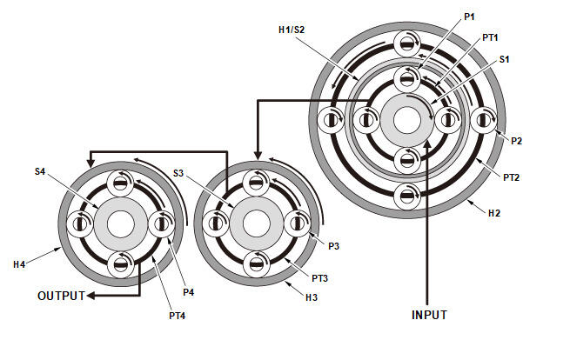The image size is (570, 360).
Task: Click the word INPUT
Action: point(429,315)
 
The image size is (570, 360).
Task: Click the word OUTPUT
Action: point(61,296)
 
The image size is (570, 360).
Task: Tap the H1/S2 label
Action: point(292,30)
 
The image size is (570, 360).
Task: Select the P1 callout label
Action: point(469,17)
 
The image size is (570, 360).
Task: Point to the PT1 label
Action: point(490,37)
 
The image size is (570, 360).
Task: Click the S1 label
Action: point(504,59)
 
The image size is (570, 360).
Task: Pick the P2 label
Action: point(516,141)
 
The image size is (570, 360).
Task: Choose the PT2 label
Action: point(511,177)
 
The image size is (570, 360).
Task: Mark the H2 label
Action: point(494,213)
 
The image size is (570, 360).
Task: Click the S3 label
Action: point(178,173)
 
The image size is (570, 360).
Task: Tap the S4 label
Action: point(40,171)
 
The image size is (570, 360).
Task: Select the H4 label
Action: point(19,264)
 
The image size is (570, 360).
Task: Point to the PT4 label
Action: point(177,316)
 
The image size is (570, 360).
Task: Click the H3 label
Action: point(312,297)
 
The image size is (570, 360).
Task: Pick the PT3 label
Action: point(320,278)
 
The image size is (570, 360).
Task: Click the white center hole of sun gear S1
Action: point(407,121)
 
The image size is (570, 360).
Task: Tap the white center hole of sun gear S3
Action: point(257,224)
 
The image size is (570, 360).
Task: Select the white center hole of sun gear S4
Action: point(121,224)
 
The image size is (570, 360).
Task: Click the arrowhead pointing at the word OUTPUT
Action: point(91,296)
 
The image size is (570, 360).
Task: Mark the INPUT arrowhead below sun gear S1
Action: point(427,143)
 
